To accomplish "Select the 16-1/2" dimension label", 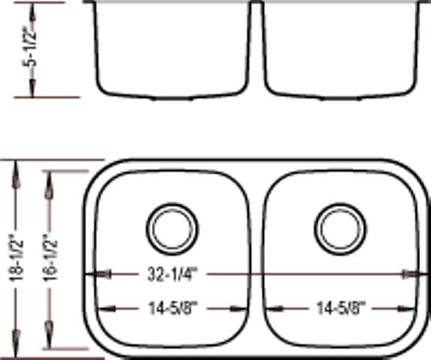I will point(49,256).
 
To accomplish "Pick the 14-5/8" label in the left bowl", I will point(172,307).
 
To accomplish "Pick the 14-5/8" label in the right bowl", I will point(340,307).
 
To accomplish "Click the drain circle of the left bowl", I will point(172,226).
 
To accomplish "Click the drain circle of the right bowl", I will point(340,226).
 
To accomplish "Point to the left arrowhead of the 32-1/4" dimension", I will point(95,275).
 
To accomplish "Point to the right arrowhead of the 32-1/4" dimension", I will point(412,275).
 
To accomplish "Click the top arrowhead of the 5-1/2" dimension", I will point(32,10).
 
